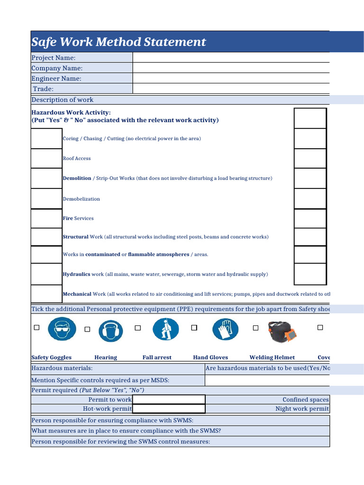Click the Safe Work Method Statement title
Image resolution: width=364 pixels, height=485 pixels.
tap(118, 42)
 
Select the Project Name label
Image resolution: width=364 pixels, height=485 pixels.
tap(54, 58)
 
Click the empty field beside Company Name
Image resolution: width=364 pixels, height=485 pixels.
tap(231, 68)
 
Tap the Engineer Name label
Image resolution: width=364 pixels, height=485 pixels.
tap(56, 79)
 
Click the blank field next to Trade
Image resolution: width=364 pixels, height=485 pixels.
tap(231, 89)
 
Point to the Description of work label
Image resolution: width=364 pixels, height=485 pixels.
tap(62, 99)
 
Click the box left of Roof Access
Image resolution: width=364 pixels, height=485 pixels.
tap(46, 159)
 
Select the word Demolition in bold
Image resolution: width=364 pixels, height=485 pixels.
tap(77, 179)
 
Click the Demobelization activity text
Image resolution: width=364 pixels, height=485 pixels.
tap(81, 199)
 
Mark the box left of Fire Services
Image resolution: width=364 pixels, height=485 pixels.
tap(46, 218)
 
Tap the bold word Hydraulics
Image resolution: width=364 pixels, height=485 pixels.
tap(76, 274)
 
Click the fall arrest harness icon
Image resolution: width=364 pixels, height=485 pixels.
tap(166, 329)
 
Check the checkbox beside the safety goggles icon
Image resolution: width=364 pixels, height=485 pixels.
tap(36, 328)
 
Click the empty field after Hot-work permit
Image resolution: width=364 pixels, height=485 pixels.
tap(169, 409)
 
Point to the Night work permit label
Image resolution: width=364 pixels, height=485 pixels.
tap(302, 409)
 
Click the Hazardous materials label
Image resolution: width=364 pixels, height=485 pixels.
tap(62, 368)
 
